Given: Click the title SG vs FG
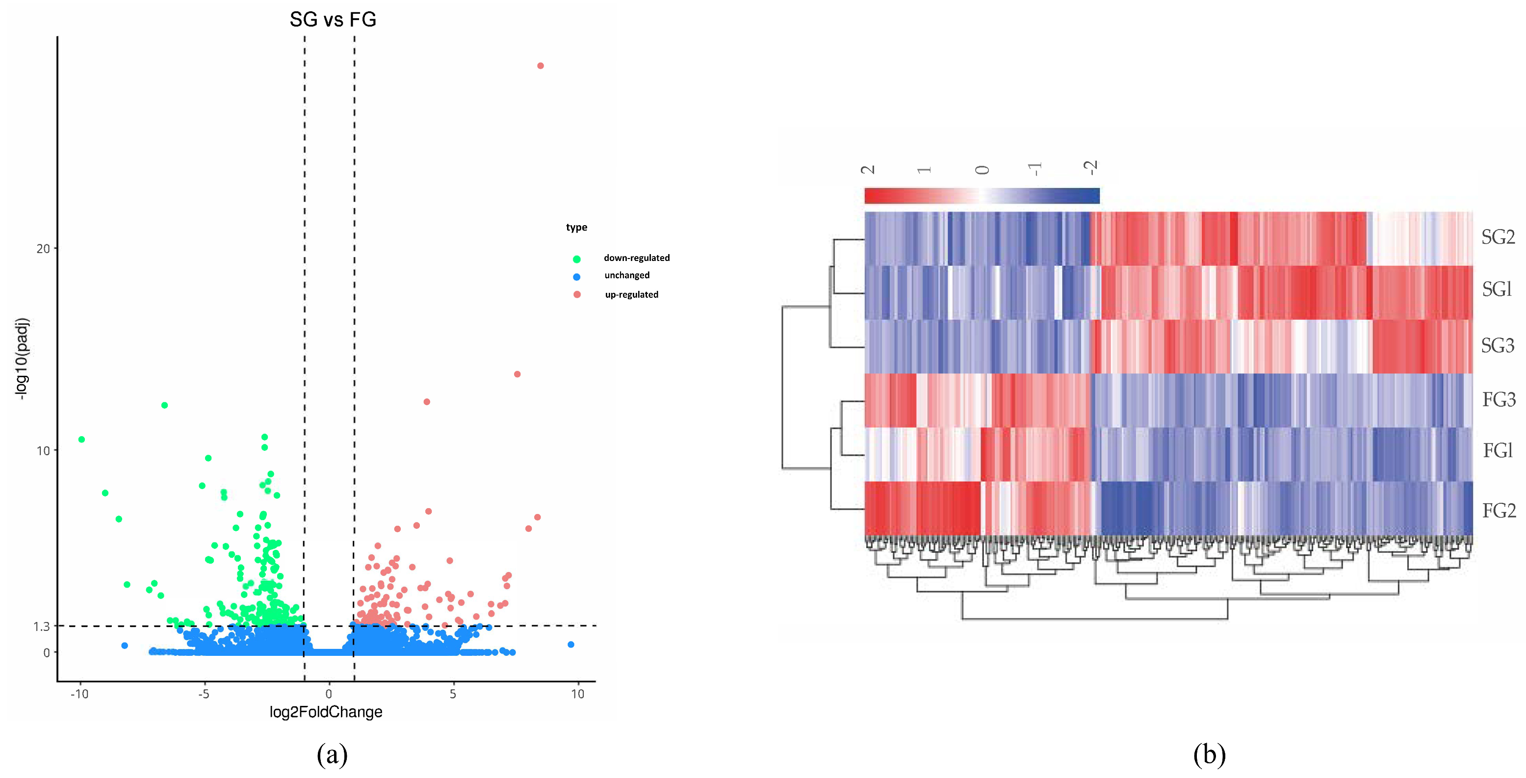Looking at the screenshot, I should [x=333, y=20].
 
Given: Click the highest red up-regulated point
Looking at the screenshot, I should [x=540, y=66].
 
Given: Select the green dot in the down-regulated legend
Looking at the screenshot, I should [x=576, y=259].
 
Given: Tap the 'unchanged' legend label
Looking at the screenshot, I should [x=627, y=276].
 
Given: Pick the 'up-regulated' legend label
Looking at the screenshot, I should [x=631, y=294].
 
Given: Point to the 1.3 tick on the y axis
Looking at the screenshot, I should [x=42, y=627].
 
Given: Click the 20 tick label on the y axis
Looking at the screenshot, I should [x=43, y=249].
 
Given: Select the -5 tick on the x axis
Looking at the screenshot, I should [x=204, y=694].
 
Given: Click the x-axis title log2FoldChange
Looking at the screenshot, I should [x=326, y=712].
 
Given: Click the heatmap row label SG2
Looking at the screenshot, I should [x=1498, y=237].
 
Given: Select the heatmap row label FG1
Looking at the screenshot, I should [x=1498, y=451].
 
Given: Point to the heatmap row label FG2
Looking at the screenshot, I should [x=1498, y=511].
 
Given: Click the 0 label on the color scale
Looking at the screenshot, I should [x=982, y=170].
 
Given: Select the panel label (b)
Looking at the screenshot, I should [x=1209, y=755].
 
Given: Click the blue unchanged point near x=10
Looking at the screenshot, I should [x=570, y=645].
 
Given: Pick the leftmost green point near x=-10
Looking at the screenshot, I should [x=82, y=440].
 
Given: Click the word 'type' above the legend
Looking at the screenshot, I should [x=576, y=228].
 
